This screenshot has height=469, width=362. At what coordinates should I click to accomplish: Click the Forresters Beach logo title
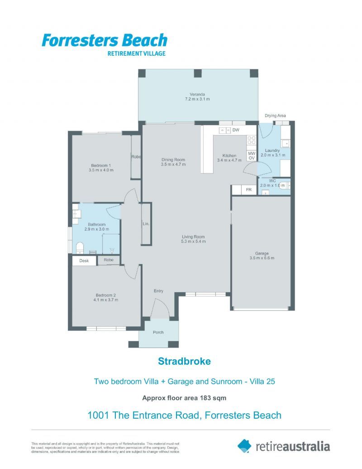(x=105, y=40)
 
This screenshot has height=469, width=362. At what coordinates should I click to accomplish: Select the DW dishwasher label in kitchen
(x=235, y=131)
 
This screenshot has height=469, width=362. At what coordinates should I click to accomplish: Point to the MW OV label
(x=252, y=155)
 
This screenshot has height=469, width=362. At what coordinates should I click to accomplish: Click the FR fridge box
(x=248, y=190)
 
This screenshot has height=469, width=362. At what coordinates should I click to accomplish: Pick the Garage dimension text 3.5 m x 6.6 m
(x=262, y=258)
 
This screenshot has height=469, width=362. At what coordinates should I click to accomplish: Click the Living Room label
(x=194, y=237)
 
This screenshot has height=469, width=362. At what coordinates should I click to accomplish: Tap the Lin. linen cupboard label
(x=146, y=224)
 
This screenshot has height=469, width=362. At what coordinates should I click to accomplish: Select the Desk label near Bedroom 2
(x=84, y=261)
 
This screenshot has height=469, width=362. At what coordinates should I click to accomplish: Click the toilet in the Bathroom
(x=80, y=247)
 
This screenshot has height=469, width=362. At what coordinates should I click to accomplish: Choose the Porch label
(x=158, y=333)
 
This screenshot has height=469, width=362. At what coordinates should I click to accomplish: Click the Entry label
(x=158, y=291)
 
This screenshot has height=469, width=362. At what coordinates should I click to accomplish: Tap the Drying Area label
(x=275, y=116)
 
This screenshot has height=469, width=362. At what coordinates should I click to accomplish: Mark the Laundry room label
(x=272, y=150)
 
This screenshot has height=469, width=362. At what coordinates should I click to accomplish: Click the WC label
(x=272, y=181)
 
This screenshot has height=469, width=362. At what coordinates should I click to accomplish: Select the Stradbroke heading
(x=184, y=362)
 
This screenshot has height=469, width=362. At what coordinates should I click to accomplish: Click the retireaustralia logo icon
(x=244, y=446)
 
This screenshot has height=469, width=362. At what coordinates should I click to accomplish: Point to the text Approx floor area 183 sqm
(x=184, y=398)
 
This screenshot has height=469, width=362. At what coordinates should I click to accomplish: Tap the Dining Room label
(x=173, y=160)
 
